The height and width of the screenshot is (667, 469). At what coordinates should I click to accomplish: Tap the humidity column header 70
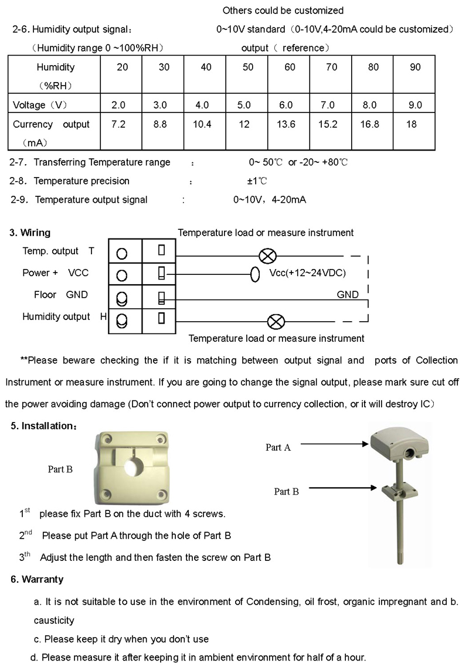pos(332,67)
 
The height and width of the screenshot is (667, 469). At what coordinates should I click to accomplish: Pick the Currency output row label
pos(52,124)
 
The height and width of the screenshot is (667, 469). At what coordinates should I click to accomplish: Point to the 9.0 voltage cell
pos(415,105)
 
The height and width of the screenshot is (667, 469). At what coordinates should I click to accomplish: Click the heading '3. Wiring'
pos(30,233)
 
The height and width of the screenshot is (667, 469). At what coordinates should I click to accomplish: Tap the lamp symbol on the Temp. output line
pos(268,256)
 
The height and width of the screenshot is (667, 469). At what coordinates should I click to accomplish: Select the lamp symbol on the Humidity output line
pos(276,321)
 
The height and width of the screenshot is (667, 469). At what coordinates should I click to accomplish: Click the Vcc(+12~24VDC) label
pos(308,273)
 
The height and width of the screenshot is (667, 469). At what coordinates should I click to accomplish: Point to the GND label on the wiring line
pos(348,295)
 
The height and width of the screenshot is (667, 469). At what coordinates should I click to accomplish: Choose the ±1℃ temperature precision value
pos(257,181)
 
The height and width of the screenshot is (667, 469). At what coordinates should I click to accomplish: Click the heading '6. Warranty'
pos(37,579)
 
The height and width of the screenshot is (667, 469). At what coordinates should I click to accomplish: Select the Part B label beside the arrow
pos(286,492)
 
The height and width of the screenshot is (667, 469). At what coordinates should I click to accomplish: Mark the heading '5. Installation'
pos(43,426)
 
